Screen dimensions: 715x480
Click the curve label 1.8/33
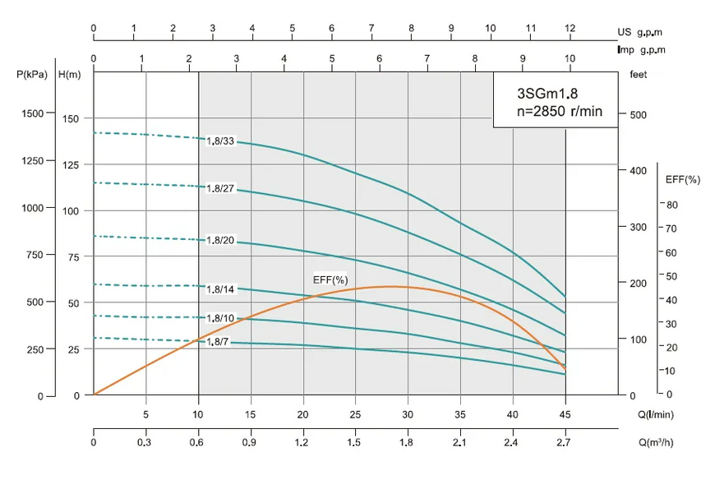coord(220,141)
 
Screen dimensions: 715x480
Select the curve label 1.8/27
coord(220,188)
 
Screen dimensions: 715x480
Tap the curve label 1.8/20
coord(220,240)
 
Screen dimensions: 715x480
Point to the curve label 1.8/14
coord(220,289)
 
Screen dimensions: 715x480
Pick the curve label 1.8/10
coord(220,318)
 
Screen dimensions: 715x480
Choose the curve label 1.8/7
coord(218,341)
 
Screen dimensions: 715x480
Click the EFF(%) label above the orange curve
coord(330,279)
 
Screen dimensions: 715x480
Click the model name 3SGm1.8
coord(547,94)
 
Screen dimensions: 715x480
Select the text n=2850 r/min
coord(560,111)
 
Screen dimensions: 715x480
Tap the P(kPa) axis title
coord(32,74)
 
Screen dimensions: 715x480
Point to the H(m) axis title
coord(70,74)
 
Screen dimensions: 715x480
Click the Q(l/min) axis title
coord(655,414)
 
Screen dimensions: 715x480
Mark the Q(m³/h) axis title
coord(656,442)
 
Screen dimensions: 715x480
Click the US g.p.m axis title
coord(639,32)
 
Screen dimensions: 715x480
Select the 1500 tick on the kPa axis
coord(32,113)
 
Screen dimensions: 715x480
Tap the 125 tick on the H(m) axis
coord(71,165)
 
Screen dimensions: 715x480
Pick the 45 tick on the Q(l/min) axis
coord(565,414)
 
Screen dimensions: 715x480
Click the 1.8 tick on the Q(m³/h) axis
coord(406,442)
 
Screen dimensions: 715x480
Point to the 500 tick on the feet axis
coord(638,115)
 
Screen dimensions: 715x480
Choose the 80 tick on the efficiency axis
coord(672,205)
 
